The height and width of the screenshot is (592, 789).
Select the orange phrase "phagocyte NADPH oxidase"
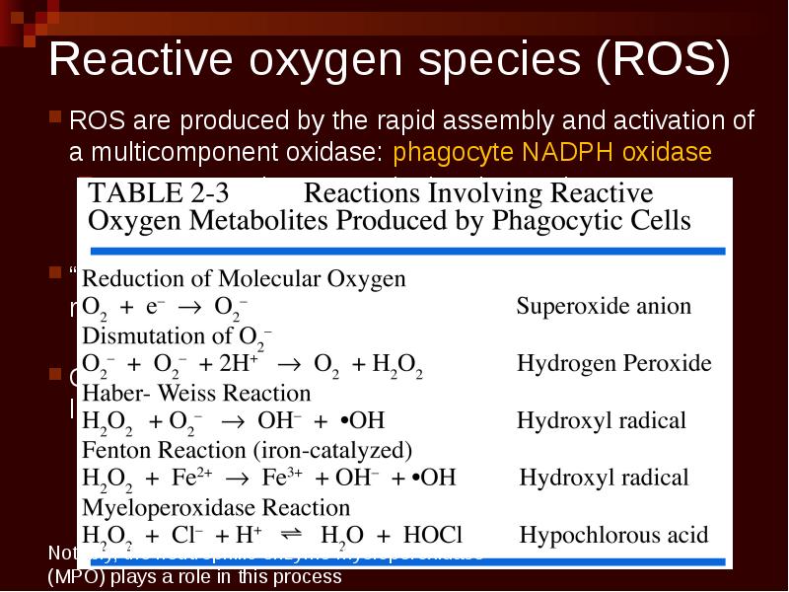[552, 153]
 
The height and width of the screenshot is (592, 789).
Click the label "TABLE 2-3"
[159, 192]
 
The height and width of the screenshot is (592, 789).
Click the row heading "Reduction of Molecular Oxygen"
[244, 278]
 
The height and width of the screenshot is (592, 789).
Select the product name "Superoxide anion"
[604, 306]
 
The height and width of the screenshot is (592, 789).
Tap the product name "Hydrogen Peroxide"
[613, 363]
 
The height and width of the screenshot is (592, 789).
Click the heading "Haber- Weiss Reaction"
[182, 392]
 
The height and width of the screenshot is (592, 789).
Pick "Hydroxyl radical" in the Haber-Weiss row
[601, 420]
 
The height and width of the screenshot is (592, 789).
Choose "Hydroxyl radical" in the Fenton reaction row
[604, 478]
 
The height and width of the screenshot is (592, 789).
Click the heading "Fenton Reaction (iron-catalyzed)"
[247, 450]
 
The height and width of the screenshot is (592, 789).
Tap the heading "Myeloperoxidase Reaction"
[216, 507]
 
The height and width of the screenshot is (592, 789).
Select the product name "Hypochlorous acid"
[613, 536]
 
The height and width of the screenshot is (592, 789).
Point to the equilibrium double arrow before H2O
[291, 534]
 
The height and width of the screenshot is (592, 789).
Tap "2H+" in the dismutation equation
[240, 362]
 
